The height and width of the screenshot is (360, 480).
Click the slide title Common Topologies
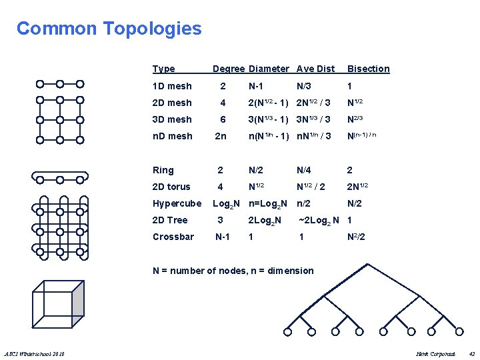click(x=109, y=29)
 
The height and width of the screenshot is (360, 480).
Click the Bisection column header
click(x=368, y=69)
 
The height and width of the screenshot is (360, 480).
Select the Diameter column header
click(x=269, y=69)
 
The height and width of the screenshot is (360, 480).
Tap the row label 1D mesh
click(x=171, y=86)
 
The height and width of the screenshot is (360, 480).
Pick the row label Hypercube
click(x=177, y=203)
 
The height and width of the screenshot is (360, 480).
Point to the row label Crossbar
click(x=173, y=237)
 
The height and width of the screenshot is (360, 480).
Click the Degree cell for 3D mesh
click(x=223, y=119)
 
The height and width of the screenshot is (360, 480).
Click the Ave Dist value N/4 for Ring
click(x=304, y=170)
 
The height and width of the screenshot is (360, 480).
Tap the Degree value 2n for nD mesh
click(x=221, y=136)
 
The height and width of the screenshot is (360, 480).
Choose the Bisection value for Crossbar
click(x=356, y=237)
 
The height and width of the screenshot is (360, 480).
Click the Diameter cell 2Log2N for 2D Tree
click(x=265, y=220)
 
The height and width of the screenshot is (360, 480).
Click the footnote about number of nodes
click(x=233, y=271)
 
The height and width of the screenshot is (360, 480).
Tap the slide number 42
click(x=471, y=353)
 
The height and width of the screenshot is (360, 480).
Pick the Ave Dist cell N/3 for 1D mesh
click(x=305, y=86)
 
